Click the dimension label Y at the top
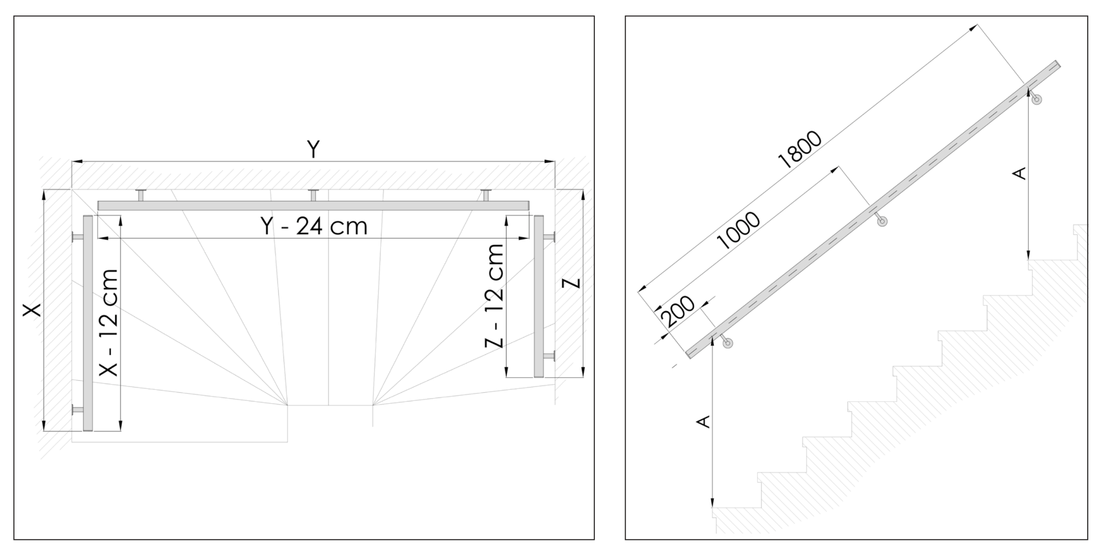click(313, 149)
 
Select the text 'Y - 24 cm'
click(314, 227)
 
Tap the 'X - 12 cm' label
click(108, 323)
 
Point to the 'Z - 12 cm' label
click(493, 296)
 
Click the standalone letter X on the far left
click(32, 310)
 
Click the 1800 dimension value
click(799, 150)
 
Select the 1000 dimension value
click(739, 231)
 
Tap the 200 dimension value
click(678, 312)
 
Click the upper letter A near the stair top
click(1020, 173)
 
